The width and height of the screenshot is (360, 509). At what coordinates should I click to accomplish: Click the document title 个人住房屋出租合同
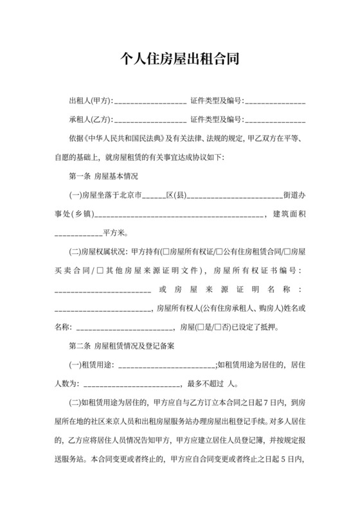[x=180, y=60]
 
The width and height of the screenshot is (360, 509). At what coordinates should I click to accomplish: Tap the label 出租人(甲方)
[x=90, y=102]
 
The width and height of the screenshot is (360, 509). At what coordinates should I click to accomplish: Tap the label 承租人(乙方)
[x=90, y=120]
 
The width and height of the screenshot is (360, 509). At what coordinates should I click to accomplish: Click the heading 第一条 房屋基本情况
[x=104, y=175]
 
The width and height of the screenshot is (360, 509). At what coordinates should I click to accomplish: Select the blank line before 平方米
[x=78, y=233]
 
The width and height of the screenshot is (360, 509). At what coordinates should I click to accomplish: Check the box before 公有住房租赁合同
[x=220, y=251]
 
